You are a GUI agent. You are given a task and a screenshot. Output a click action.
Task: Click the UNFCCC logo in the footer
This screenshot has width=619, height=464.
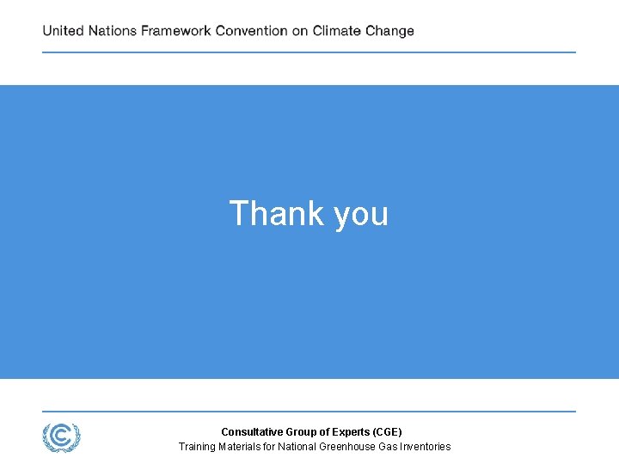pyautogui.click(x=62, y=437)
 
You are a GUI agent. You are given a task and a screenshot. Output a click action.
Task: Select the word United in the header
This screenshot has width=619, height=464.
pyautogui.click(x=64, y=31)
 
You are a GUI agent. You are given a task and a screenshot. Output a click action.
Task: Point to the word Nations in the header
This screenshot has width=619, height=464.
pyautogui.click(x=113, y=31)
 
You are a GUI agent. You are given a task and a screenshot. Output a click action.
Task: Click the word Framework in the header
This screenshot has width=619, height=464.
pyautogui.click(x=176, y=31)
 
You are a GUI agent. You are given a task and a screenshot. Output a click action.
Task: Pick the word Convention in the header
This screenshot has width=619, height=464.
pyautogui.click(x=251, y=31)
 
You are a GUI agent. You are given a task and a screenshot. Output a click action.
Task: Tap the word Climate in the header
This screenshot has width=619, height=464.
pyautogui.click(x=337, y=31)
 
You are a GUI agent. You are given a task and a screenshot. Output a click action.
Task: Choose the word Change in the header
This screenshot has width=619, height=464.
pyautogui.click(x=389, y=31)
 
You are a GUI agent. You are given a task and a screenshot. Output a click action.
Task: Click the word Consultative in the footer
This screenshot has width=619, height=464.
pyautogui.click(x=248, y=432)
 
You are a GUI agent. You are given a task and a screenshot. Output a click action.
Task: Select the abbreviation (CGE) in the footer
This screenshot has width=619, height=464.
pyautogui.click(x=386, y=432)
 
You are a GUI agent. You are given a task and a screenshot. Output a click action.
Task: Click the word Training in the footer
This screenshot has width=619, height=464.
pyautogui.click(x=197, y=447)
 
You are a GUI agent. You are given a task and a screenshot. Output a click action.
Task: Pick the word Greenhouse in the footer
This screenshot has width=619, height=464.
pyautogui.click(x=346, y=447)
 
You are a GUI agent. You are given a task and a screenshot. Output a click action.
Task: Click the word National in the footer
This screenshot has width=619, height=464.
pyautogui.click(x=297, y=447)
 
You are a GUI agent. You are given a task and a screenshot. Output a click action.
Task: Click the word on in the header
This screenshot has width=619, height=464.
pyautogui.click(x=300, y=31)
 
